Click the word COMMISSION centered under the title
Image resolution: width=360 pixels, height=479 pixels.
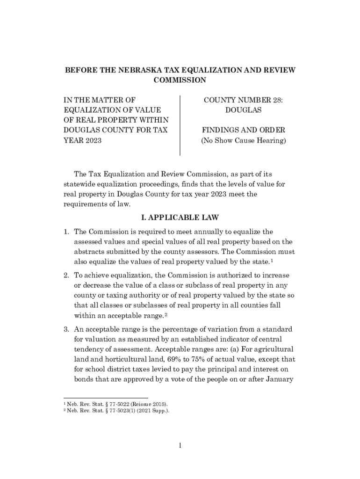coord(180,80)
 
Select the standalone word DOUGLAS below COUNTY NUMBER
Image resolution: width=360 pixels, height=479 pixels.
coord(243,110)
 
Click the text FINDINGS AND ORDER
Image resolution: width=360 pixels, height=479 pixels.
coord(243,130)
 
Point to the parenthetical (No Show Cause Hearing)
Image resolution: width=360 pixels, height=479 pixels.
coord(243,140)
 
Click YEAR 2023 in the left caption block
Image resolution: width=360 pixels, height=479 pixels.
coord(83,140)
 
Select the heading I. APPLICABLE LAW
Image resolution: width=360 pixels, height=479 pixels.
coord(180,218)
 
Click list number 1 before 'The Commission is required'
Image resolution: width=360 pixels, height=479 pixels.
coord(67,232)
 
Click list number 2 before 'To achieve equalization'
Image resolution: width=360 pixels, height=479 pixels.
coord(67,274)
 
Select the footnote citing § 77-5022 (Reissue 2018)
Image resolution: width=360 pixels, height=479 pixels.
coord(117,404)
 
